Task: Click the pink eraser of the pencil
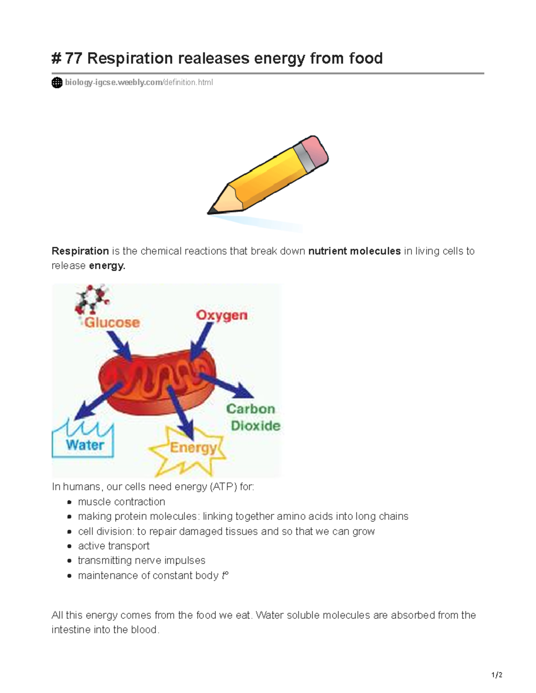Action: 315,150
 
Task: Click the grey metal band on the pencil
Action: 303,157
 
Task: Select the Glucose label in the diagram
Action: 112,322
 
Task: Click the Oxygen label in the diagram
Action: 222,315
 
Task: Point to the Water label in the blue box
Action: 84,445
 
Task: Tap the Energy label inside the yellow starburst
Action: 193,447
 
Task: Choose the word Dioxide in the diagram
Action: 255,426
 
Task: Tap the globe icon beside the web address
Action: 57,83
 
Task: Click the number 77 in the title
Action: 73,58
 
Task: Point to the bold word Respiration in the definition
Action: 80,251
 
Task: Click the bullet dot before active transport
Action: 69,546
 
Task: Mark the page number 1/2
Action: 497,675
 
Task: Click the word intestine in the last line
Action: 71,630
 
